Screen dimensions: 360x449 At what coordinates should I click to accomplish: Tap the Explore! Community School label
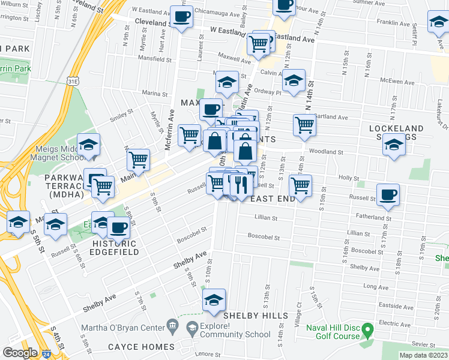[226, 328]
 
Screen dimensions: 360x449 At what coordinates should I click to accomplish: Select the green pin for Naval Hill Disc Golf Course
[368, 328]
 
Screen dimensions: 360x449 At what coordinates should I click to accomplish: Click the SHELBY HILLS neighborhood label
[250, 316]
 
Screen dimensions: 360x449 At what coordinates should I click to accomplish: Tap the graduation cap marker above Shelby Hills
[214, 301]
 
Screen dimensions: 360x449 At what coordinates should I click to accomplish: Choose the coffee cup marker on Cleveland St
[181, 17]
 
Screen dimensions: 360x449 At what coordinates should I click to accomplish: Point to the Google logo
[20, 352]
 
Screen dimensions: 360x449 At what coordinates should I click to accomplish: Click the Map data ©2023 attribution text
[424, 355]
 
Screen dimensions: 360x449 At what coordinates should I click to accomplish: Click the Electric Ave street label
[394, 323]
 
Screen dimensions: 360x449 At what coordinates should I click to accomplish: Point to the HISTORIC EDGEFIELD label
[114, 248]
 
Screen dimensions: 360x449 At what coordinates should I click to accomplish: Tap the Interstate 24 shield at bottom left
[46, 353]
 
